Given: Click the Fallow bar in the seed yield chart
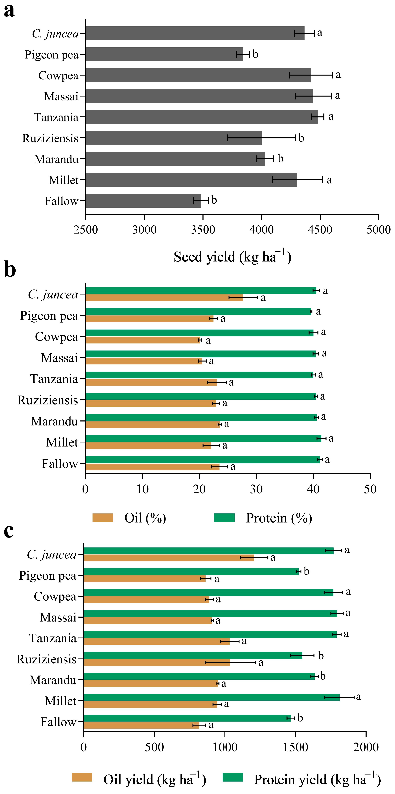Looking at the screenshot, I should [x=143, y=201].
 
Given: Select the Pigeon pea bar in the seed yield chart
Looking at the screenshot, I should [x=164, y=54].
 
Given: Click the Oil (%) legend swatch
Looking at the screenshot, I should [x=103, y=518].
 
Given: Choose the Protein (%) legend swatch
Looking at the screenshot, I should [x=224, y=518].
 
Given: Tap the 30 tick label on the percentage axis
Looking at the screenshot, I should [x=256, y=490].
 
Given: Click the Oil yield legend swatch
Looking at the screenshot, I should [x=82, y=777].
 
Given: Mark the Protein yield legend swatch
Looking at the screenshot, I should [x=233, y=777].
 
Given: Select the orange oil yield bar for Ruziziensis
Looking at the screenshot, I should [x=157, y=662].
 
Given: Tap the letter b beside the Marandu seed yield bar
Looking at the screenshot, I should [x=280, y=159].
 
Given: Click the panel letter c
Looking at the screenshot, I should [x=9, y=531].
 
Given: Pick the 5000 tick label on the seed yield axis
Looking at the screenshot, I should [x=378, y=230].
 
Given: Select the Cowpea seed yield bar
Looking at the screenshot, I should [x=198, y=75].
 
